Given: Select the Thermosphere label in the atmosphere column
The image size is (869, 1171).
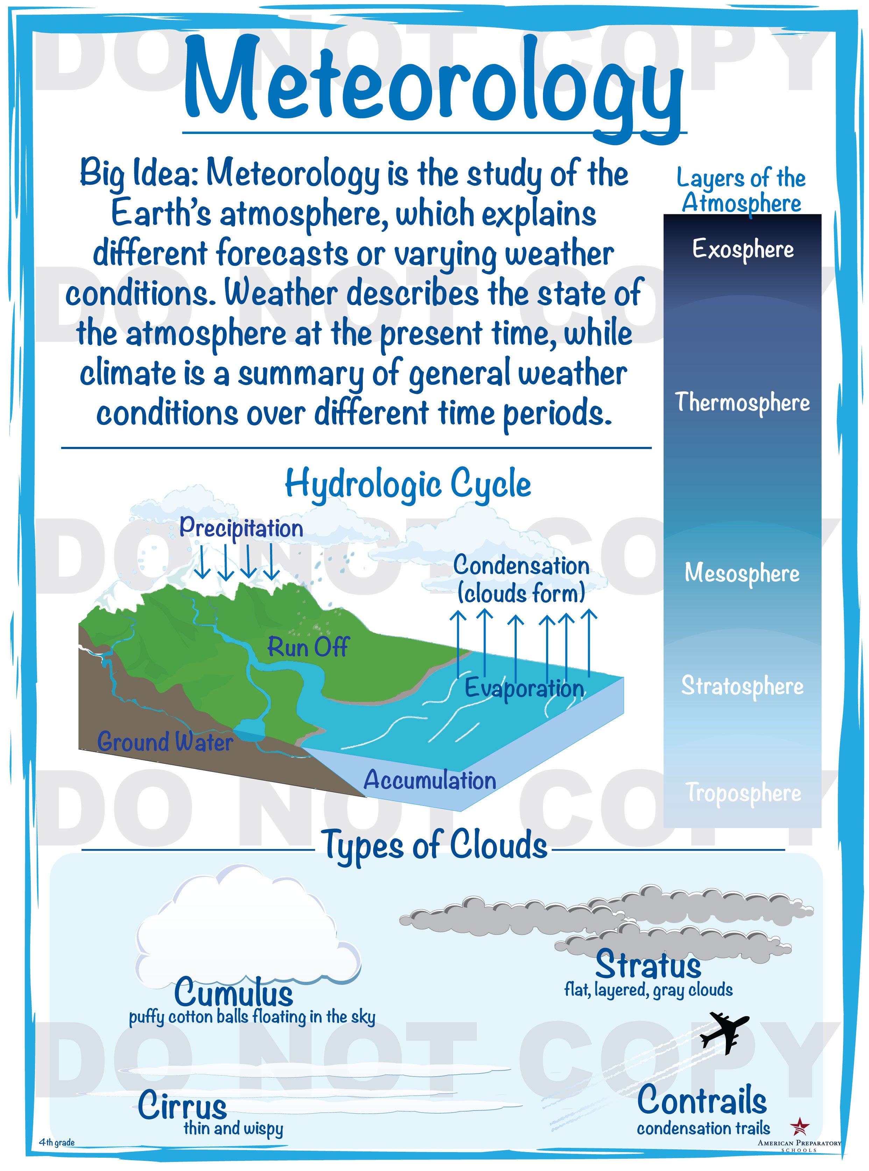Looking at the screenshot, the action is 743,402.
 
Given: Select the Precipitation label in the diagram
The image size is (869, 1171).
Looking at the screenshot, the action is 241,528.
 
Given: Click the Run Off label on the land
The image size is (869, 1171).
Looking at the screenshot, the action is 308,647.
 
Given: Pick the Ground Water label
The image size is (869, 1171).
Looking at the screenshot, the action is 165,742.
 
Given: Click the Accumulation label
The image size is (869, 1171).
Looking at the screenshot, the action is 430,780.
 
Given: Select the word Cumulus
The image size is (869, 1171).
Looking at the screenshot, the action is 234,993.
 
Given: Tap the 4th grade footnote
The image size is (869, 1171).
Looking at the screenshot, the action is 57,1142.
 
